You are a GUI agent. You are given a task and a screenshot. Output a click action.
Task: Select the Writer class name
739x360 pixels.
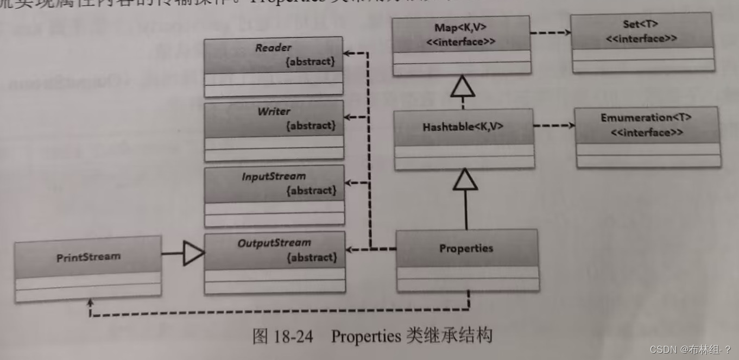[x=274, y=111]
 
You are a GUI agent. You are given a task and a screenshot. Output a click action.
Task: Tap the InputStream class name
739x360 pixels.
[x=274, y=176]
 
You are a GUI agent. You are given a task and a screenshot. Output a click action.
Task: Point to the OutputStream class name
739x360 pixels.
[x=274, y=243]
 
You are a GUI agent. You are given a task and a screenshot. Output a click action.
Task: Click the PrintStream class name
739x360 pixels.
[x=89, y=256]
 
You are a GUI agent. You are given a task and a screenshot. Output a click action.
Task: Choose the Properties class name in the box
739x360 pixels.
[x=466, y=249]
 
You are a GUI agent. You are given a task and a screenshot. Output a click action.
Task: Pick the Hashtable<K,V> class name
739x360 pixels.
[x=463, y=127]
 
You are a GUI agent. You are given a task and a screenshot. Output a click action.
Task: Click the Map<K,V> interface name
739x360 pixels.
[x=460, y=28]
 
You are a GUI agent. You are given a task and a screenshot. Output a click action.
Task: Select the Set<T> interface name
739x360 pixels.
[x=641, y=25]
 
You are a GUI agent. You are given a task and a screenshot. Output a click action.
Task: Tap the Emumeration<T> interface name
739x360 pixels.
[x=646, y=118]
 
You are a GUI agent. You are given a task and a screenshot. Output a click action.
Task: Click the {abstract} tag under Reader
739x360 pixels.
[x=310, y=61]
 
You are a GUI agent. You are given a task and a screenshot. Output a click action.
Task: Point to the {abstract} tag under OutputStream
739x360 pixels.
[x=311, y=257]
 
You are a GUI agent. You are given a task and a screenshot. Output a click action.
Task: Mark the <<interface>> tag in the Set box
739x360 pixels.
[x=641, y=38]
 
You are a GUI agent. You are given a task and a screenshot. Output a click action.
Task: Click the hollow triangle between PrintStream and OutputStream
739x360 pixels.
[x=193, y=253]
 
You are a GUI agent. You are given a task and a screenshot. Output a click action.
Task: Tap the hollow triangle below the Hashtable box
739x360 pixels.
[x=465, y=180]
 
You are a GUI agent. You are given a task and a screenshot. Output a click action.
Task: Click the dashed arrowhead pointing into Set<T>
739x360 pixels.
[x=567, y=33]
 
